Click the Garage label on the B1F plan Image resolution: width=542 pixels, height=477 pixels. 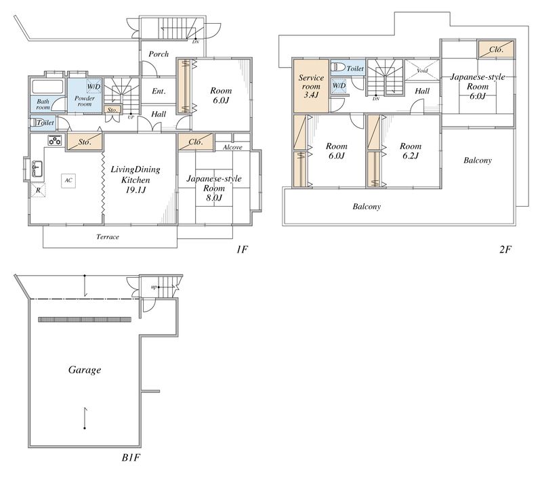pos(85,370)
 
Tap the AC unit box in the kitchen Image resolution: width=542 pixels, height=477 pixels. pos(68,180)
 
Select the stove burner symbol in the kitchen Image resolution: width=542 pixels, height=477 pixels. pos(55,141)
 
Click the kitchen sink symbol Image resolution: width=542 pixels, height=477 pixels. pos(37,169)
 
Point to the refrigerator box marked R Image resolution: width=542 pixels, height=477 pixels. pos(39,190)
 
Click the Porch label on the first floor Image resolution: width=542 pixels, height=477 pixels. pos(159,54)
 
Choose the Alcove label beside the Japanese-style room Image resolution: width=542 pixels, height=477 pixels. pos(232,147)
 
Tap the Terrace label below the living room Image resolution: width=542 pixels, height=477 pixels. pos(108,236)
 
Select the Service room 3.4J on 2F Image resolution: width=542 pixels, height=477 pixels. pos(311,86)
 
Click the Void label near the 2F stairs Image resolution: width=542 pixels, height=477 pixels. pos(422,70)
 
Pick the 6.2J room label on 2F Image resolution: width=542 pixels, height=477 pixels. pos(411,156)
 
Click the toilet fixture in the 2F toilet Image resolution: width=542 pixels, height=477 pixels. pos(338,67)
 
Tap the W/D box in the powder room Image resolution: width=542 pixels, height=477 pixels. pos(93,86)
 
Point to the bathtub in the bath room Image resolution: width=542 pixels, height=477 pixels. pos(47,87)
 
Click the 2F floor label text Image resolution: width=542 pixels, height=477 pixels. pos(505,249)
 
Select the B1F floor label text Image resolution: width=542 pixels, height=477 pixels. pos(131,457)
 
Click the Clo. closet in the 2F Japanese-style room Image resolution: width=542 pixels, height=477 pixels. pos(496,49)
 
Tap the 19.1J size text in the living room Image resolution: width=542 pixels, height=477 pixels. pos(136,190)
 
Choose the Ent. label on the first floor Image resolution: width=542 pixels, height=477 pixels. pos(159,91)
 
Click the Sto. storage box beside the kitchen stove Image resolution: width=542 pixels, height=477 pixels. pos(85,142)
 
